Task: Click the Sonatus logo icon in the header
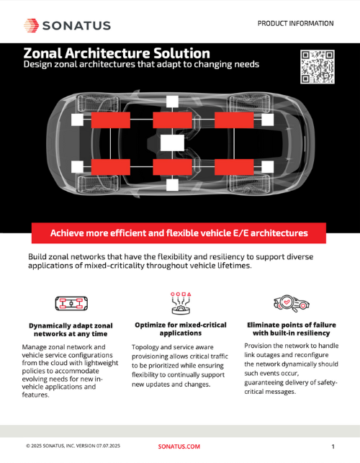tap(31, 25)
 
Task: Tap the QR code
tap(318, 67)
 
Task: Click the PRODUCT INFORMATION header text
tap(295, 23)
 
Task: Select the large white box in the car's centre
tap(172, 143)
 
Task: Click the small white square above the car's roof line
tap(172, 102)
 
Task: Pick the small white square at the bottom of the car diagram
tap(172, 185)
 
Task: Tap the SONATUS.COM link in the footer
tap(179, 446)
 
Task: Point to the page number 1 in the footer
tap(333, 446)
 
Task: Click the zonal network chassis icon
tap(71, 304)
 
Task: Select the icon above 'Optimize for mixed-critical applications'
tap(181, 303)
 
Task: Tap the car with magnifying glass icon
tap(291, 304)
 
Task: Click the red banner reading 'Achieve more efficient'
tap(179, 233)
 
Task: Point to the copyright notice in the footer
tap(73, 446)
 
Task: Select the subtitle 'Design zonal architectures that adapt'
tap(141, 64)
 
